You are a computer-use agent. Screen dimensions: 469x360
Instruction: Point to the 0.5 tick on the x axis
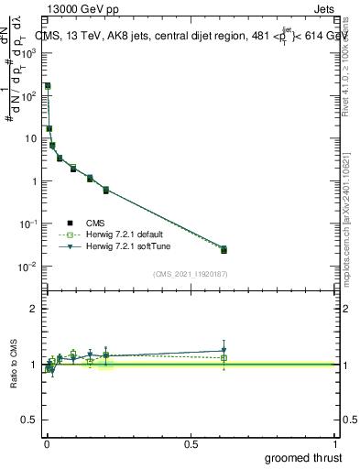[x=191, y=443]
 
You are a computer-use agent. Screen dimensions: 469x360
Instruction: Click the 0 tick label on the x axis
[x=47, y=443]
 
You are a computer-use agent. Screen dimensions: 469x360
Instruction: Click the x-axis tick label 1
[x=334, y=443]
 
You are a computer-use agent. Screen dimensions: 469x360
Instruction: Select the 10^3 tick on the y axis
[x=29, y=53]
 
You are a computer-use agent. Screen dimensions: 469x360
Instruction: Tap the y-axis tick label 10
[x=31, y=138]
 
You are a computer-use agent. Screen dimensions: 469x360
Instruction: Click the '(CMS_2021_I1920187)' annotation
[x=190, y=274]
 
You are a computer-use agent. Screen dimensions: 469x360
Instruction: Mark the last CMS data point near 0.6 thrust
[x=224, y=250]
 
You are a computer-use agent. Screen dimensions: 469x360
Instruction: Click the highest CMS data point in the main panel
[x=48, y=86]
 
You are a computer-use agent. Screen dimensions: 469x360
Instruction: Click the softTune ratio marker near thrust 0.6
[x=224, y=350]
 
